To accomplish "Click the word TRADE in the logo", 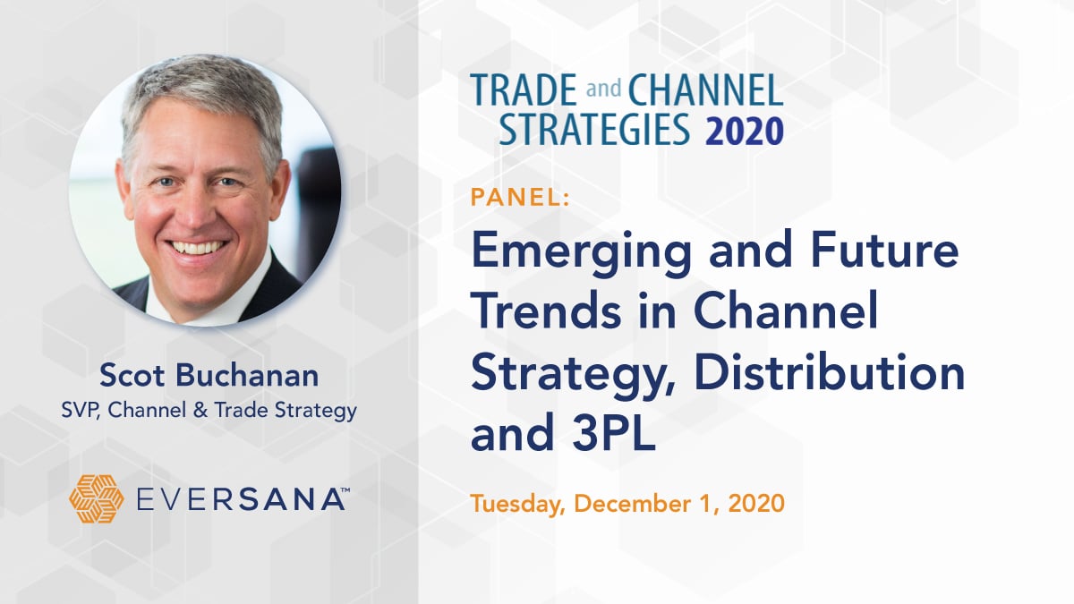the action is [523, 89].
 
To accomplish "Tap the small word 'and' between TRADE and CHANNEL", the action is [603, 89].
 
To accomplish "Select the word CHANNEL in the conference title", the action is [705, 89].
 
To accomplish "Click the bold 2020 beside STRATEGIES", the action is [745, 130].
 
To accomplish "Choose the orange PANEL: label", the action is [520, 198].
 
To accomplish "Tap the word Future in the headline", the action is [884, 250].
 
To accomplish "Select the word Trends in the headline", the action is [547, 311].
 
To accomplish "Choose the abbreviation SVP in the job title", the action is [80, 411].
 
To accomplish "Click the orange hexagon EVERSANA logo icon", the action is [97, 498].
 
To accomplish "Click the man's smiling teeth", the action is [197, 248].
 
